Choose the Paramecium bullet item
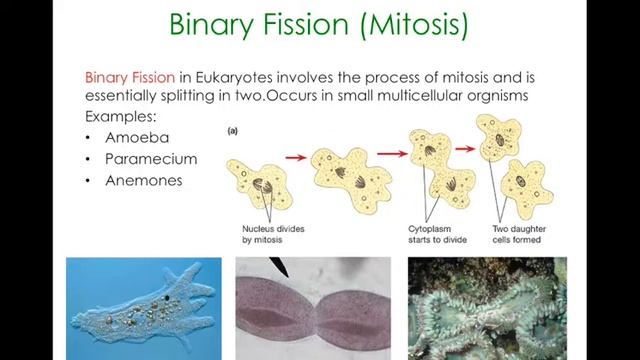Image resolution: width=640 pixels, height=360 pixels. [150, 159]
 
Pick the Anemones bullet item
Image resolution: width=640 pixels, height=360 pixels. [144, 181]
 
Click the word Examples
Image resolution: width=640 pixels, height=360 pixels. [120, 117]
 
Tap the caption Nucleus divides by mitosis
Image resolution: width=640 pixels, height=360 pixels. [273, 234]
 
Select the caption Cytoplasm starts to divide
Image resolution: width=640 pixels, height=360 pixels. [437, 234]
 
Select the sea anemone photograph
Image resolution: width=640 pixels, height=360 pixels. [486, 308]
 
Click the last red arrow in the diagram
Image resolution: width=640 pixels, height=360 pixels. [464, 148]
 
